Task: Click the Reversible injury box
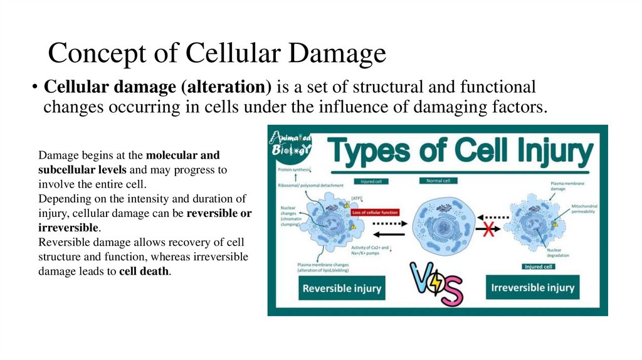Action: tap(342, 289)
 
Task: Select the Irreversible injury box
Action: tap(532, 287)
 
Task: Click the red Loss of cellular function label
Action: tap(376, 213)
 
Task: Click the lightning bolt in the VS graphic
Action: tap(434, 285)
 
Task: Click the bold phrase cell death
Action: tap(144, 272)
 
